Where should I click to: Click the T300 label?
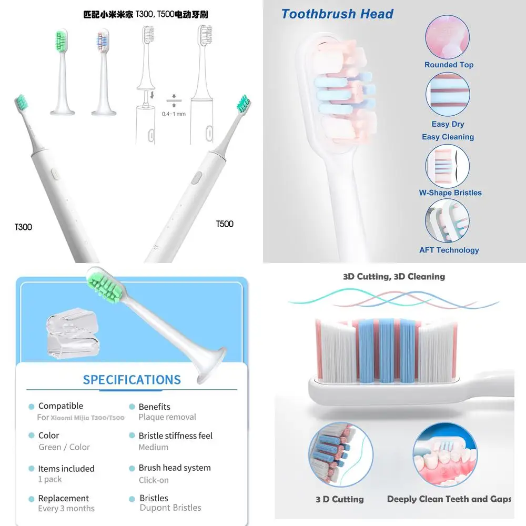pyautogui.click(x=23, y=227)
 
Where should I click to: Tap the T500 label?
pyautogui.click(x=225, y=224)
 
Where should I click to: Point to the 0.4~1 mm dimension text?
pyautogui.click(x=174, y=114)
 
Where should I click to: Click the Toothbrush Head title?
pyautogui.click(x=337, y=14)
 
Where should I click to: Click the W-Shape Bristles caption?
pyautogui.click(x=450, y=193)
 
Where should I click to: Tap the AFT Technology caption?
pyautogui.click(x=449, y=250)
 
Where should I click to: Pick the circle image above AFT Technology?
pyautogui.click(x=448, y=221)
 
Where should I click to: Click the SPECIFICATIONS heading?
pyautogui.click(x=132, y=380)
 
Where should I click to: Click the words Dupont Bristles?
pyautogui.click(x=170, y=508)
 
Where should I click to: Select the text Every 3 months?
pyautogui.click(x=66, y=509)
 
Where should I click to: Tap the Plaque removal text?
pyautogui.click(x=167, y=417)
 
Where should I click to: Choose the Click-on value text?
pyautogui.click(x=154, y=480)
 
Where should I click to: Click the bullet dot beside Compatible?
pyautogui.click(x=32, y=407)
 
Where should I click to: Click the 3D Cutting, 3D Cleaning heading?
pyautogui.click(x=394, y=277)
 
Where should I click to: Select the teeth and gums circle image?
pyautogui.click(x=444, y=456)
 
